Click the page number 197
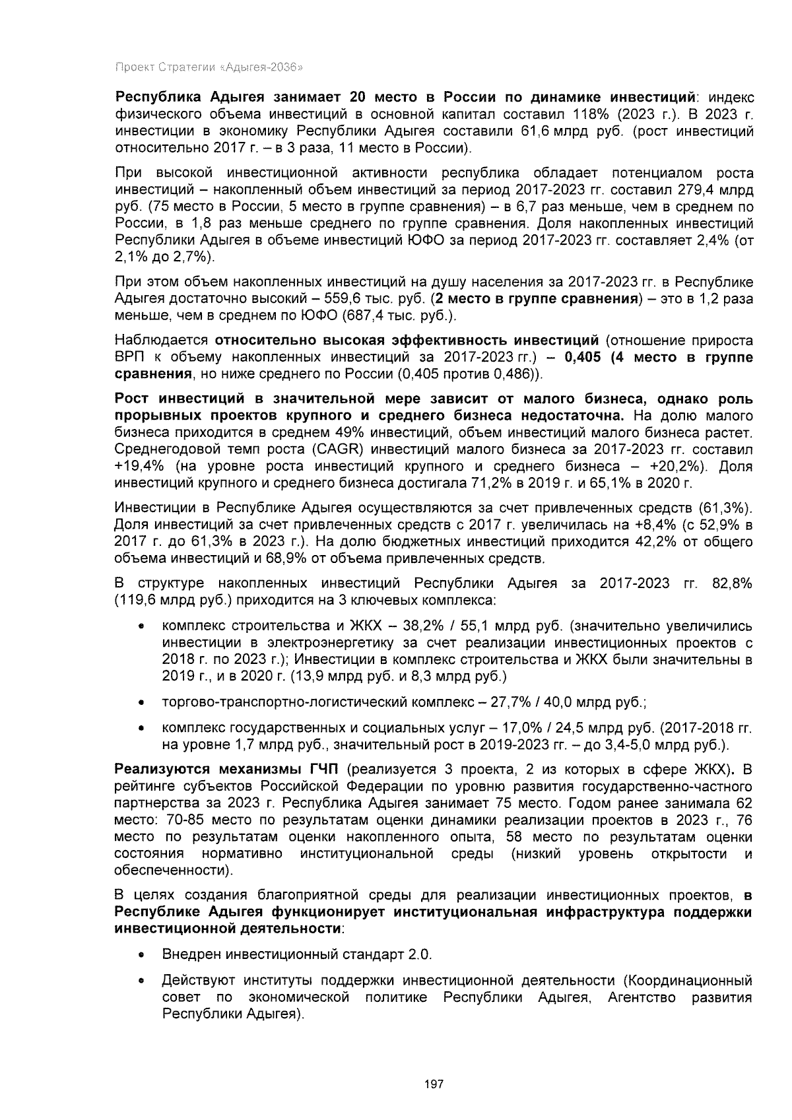[x=434, y=1084]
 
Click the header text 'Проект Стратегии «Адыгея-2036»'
[x=209, y=67]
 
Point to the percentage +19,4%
[x=137, y=466]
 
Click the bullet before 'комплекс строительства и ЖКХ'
[x=141, y=626]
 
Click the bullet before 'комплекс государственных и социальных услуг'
[x=141, y=729]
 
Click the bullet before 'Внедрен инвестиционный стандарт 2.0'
[x=141, y=956]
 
